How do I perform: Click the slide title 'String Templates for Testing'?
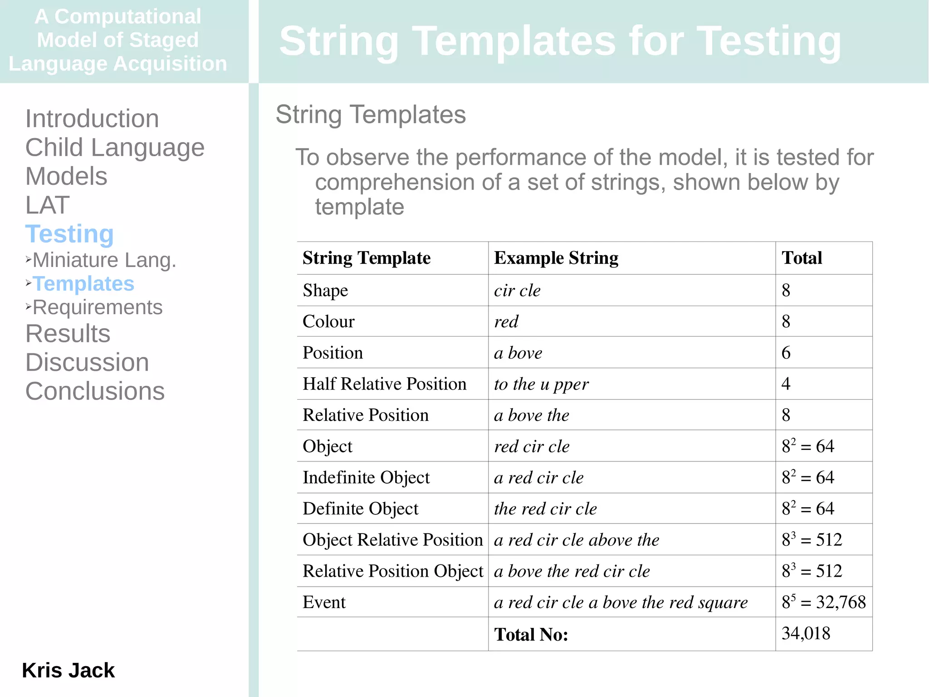pos(560,42)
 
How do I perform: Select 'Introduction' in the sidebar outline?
pos(92,119)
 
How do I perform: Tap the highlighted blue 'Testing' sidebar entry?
pos(69,234)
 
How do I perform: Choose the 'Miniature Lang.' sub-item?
pos(104,261)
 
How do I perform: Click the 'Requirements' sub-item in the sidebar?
pos(98,308)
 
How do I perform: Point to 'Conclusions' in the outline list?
pos(95,391)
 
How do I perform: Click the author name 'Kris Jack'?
pos(68,671)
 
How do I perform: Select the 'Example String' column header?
pos(556,258)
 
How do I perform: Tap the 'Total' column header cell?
pos(802,258)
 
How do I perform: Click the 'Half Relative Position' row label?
pos(384,384)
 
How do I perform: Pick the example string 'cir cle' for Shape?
pos(517,291)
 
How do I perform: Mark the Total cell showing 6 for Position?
pos(786,353)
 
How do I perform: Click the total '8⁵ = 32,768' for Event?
pos(823,603)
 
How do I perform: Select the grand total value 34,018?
pos(806,634)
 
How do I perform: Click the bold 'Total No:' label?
pos(531,635)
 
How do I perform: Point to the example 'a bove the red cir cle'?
pos(572,571)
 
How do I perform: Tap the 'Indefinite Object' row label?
pos(366,478)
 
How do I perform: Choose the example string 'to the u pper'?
pos(541,385)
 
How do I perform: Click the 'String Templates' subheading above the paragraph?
pos(371,114)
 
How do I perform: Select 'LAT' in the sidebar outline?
pos(47,205)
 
